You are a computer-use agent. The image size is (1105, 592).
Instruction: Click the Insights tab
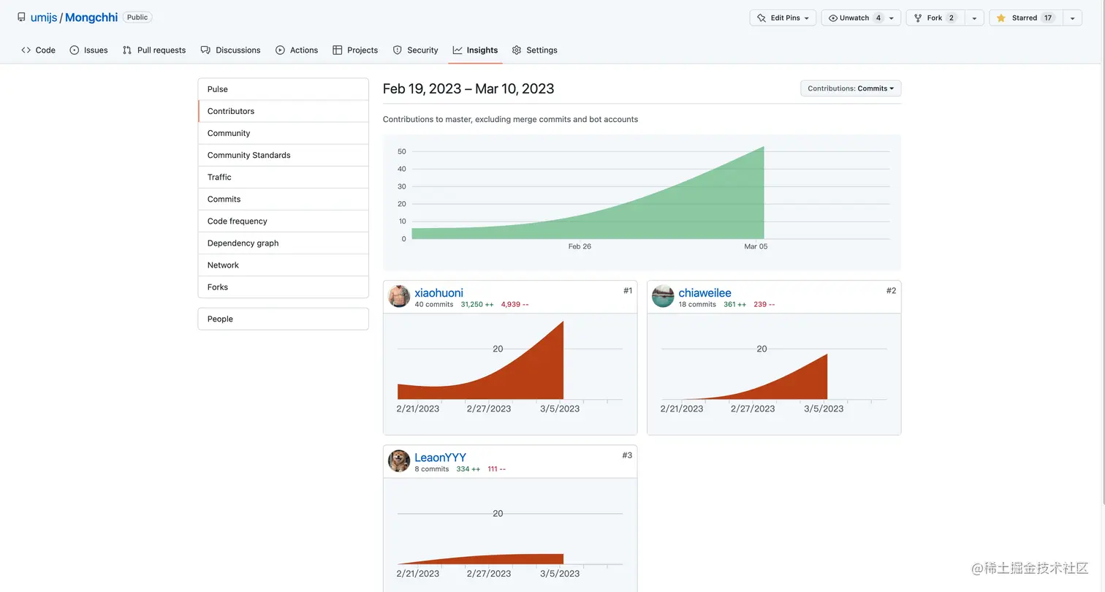(475, 50)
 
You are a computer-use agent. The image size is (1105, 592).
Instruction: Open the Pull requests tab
(154, 50)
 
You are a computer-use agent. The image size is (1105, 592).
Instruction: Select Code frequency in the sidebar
(237, 221)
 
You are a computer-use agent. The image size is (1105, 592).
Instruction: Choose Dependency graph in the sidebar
(243, 243)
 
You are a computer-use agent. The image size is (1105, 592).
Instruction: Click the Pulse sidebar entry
(217, 89)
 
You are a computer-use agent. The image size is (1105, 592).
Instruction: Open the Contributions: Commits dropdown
(851, 88)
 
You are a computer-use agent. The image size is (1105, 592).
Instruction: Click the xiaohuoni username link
(438, 293)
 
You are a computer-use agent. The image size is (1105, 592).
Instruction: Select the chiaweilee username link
(705, 293)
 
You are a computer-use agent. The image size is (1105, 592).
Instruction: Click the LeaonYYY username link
(440, 458)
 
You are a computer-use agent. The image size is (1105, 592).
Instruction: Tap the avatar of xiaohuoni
(399, 296)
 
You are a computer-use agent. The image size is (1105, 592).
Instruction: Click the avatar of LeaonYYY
(399, 460)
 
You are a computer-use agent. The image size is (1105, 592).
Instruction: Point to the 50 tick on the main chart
(401, 152)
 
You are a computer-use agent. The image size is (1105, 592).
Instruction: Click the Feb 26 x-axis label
(580, 247)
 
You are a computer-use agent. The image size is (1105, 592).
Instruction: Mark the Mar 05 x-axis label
(756, 247)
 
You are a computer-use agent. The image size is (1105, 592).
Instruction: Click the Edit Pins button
(783, 18)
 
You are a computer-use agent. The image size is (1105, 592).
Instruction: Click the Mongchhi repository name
(91, 18)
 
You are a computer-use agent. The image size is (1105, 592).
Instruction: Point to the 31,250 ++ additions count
(477, 305)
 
